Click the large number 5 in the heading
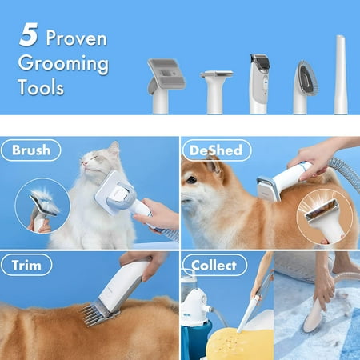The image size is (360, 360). [x=28, y=35]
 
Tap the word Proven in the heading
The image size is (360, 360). [x=77, y=38]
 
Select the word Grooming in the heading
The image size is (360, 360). [x=63, y=64]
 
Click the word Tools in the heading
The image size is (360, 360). [x=41, y=87]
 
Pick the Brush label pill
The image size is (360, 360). [x=31, y=150]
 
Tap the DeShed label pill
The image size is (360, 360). [x=216, y=150]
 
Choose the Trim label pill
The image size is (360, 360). [x=26, y=265]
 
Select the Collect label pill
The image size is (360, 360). [x=214, y=265]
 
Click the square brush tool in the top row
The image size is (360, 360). [x=166, y=86]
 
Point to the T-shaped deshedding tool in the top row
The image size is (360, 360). [x=216, y=91]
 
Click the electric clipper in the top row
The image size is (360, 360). [x=259, y=84]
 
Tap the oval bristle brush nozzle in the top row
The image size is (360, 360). [x=305, y=87]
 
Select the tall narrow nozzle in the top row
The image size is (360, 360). [x=340, y=74]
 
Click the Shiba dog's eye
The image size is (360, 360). [x=191, y=180]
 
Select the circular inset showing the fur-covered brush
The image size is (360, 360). [x=42, y=206]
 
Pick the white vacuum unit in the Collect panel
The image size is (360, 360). [x=194, y=304]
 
